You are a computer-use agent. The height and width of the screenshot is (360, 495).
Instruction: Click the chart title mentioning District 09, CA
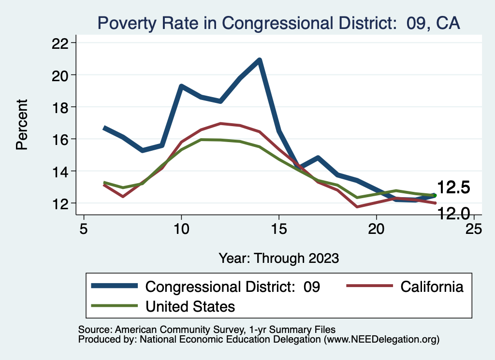click(x=278, y=23)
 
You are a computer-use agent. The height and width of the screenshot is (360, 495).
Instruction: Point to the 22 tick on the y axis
click(x=60, y=43)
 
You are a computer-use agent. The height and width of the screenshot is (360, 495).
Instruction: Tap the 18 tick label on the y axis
click(x=60, y=107)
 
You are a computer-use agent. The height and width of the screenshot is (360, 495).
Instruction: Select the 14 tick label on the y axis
click(x=60, y=171)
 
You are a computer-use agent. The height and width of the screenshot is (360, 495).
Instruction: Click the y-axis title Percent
click(x=22, y=124)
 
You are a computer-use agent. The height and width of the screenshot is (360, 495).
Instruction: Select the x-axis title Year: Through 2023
click(x=278, y=258)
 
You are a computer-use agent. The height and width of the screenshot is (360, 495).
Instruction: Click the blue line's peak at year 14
click(x=260, y=60)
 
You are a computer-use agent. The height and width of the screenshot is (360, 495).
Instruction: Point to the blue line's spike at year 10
click(x=181, y=86)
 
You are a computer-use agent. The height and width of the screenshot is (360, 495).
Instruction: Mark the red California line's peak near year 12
click(x=220, y=124)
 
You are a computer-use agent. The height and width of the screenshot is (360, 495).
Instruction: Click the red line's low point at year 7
click(x=123, y=196)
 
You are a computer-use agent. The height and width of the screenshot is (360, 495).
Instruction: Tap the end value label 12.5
click(x=453, y=188)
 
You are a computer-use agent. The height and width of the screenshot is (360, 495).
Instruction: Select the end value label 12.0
click(x=453, y=213)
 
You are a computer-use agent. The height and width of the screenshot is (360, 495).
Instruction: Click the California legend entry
click(x=432, y=287)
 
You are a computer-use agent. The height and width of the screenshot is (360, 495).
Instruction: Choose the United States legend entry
click(x=190, y=306)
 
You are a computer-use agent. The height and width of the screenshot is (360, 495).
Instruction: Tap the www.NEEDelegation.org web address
click(x=381, y=339)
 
